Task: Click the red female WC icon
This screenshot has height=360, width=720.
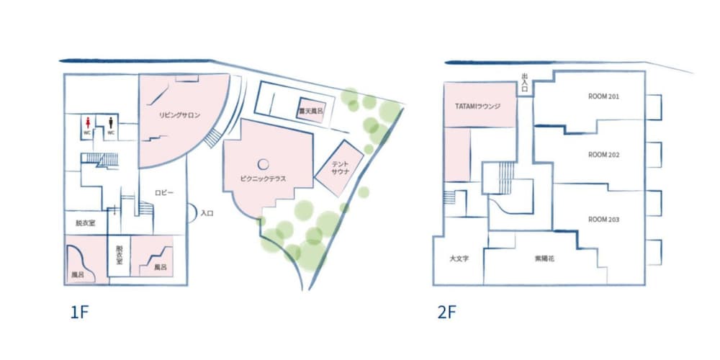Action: click(88, 122)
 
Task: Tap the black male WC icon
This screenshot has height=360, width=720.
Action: click(111, 122)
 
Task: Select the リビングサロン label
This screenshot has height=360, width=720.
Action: click(179, 115)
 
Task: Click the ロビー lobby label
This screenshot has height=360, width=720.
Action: click(164, 193)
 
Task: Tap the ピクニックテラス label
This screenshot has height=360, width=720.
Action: click(263, 179)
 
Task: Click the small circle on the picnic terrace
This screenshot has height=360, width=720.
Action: click(263, 163)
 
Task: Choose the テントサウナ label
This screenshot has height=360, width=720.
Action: click(341, 168)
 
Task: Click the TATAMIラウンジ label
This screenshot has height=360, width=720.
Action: click(477, 106)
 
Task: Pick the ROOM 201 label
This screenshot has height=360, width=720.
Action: click(603, 97)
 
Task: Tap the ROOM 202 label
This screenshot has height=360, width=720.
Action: click(603, 155)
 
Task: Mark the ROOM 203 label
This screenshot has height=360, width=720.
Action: click(603, 220)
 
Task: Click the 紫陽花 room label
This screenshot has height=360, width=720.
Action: click(544, 258)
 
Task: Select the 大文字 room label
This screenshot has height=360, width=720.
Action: click(459, 258)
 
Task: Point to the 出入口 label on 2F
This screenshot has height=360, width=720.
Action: click(525, 83)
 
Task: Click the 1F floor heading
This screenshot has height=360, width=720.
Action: click(78, 312)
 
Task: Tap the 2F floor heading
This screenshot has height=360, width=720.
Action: click(447, 312)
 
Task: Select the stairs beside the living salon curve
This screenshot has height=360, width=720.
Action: click(212, 138)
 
